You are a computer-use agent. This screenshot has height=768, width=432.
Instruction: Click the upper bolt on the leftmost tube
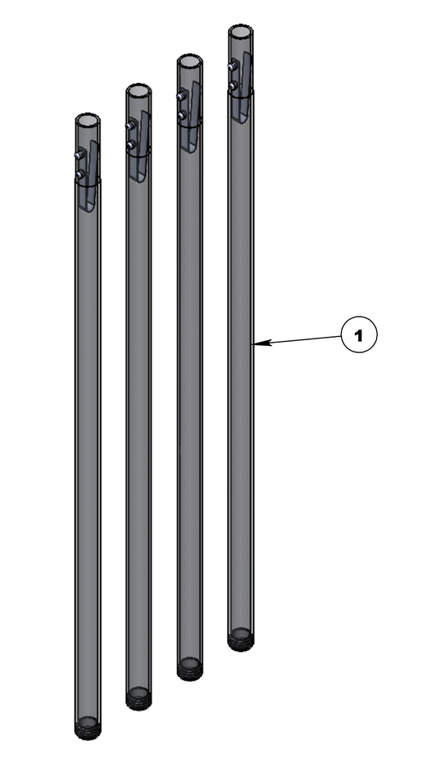point(79,154)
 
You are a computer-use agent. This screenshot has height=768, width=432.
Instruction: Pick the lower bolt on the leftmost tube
point(79,174)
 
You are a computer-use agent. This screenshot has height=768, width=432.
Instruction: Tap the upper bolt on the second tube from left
point(130,125)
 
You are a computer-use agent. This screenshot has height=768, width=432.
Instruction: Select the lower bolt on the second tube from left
point(130,145)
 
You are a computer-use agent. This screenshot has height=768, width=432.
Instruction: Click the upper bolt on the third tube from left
point(182,96)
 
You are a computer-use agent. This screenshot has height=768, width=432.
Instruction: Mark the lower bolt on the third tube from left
point(182,115)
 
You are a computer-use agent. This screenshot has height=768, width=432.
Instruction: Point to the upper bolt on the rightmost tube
point(233,65)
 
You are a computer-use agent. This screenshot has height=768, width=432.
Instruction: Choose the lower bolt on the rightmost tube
point(233,84)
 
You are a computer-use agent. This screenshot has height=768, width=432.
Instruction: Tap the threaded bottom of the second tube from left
point(139,698)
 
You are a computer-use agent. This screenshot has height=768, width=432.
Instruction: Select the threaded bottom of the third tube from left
point(190,669)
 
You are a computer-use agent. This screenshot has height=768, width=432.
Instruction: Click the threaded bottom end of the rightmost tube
point(241,640)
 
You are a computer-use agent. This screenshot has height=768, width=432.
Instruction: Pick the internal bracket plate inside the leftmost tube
point(92,175)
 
